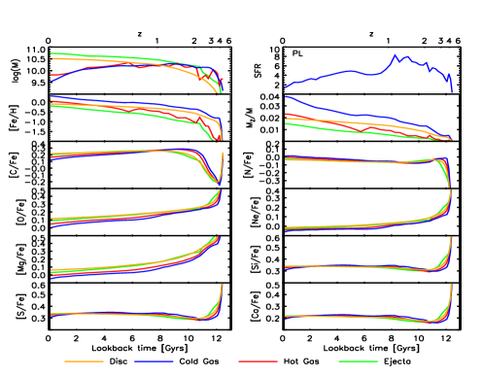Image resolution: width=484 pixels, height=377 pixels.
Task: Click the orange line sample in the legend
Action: [x=84, y=361]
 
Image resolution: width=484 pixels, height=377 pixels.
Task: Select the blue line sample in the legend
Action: [x=154, y=361]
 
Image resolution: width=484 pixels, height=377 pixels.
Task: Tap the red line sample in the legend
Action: [x=258, y=361]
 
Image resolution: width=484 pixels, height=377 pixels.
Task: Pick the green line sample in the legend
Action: [x=358, y=361]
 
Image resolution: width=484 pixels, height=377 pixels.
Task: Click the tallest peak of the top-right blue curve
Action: [x=396, y=55]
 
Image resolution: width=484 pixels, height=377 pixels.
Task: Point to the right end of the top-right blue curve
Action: [x=451, y=91]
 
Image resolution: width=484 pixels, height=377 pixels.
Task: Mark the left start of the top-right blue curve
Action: [x=286, y=88]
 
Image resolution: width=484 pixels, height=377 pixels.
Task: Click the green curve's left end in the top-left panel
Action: [x=51, y=53]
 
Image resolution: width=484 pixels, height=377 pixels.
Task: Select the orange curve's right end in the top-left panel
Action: [x=217, y=92]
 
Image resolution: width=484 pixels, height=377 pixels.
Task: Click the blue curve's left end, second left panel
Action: [x=52, y=96]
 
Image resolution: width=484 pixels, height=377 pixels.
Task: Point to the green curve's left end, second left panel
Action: [x=52, y=106]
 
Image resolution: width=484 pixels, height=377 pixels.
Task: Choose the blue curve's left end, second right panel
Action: [x=286, y=96]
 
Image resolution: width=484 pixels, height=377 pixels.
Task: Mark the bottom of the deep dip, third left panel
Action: [x=217, y=182]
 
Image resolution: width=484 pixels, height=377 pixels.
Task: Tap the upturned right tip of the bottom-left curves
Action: [x=222, y=286]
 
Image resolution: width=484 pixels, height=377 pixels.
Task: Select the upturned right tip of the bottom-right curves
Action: [x=451, y=286]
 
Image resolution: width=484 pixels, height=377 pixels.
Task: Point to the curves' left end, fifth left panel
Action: [x=52, y=274]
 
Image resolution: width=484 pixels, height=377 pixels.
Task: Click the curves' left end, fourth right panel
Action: [x=286, y=229]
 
